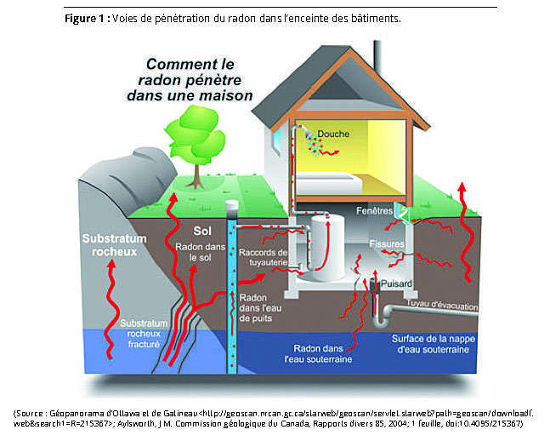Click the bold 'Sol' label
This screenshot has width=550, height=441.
202,231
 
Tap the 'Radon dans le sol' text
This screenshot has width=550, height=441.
200,250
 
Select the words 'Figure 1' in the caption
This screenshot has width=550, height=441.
83,18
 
